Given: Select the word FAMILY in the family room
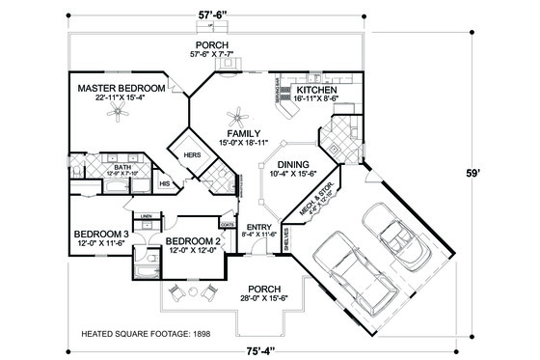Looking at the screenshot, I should [x=238, y=132].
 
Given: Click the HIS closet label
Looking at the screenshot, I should [x=164, y=181].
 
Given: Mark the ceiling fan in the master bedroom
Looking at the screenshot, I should [x=120, y=113].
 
